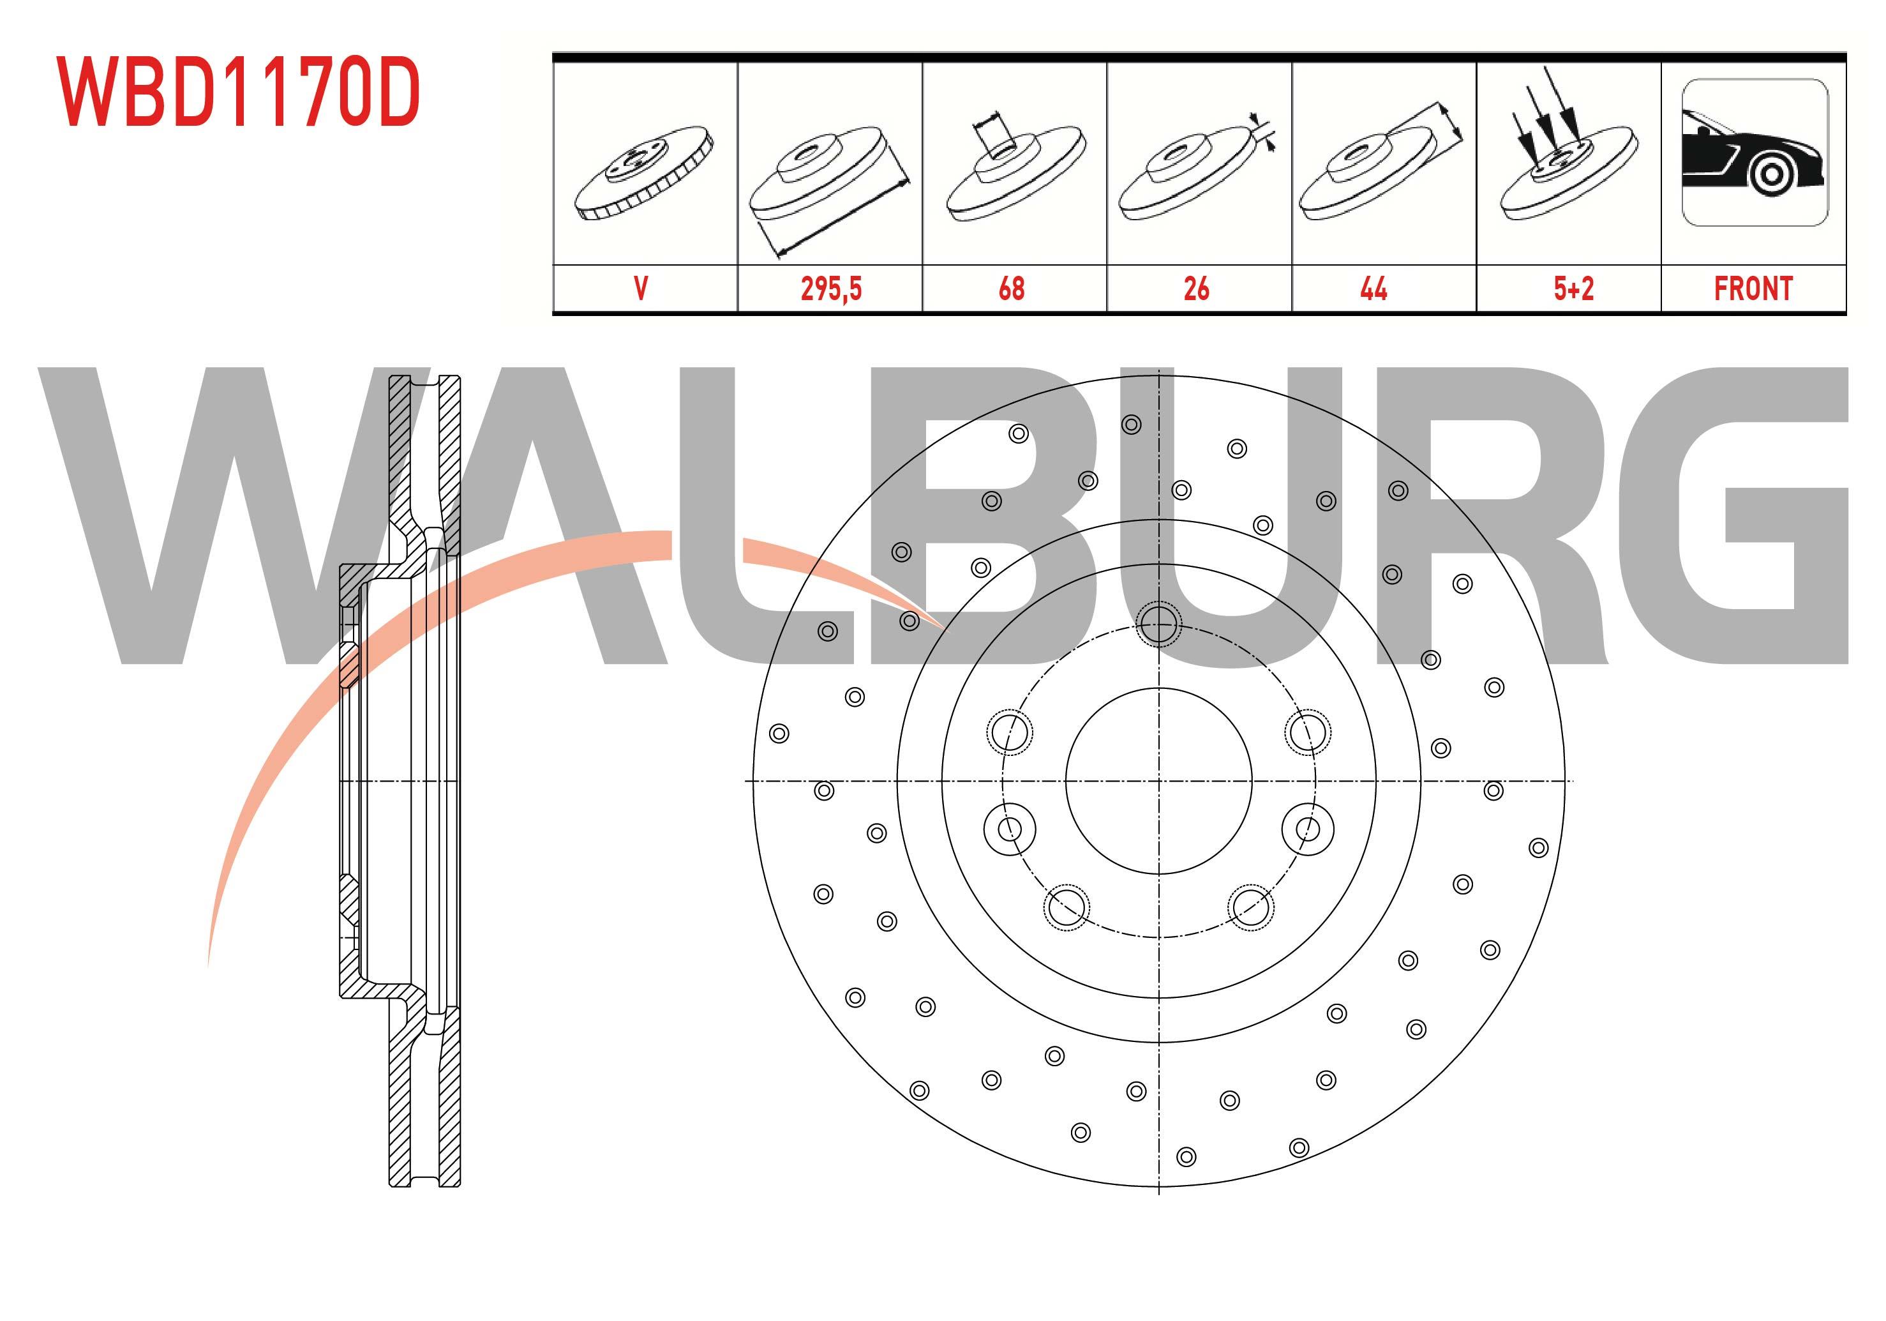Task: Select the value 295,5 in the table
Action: pyautogui.click(x=830, y=289)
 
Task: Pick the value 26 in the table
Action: pyautogui.click(x=1196, y=289)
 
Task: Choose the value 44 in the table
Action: pyautogui.click(x=1373, y=289)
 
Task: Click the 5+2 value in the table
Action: pyautogui.click(x=1573, y=289)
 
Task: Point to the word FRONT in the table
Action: pyautogui.click(x=1753, y=289)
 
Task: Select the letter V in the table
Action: pyautogui.click(x=641, y=289)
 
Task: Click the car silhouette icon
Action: pyautogui.click(x=1755, y=153)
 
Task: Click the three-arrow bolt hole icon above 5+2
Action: pyautogui.click(x=1565, y=152)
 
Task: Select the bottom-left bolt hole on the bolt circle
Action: pyautogui.click(x=1066, y=907)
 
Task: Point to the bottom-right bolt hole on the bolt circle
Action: pyautogui.click(x=1250, y=907)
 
